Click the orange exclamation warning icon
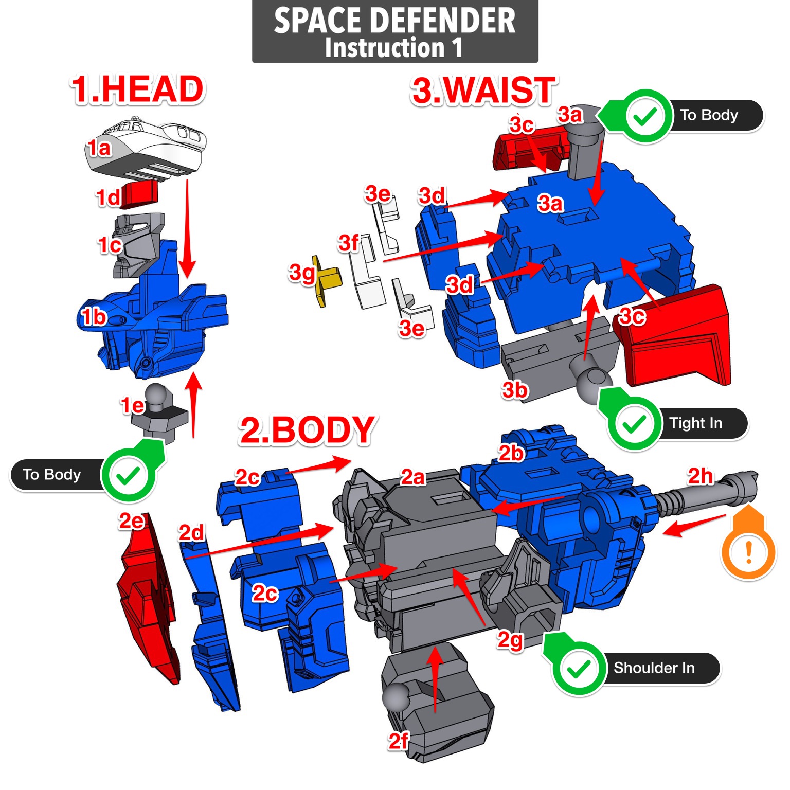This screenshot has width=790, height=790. [748, 552]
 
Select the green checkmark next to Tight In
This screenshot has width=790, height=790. [634, 424]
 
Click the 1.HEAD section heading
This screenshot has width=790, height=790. [137, 89]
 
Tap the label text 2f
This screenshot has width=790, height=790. [398, 741]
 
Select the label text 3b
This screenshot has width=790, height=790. [514, 390]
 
